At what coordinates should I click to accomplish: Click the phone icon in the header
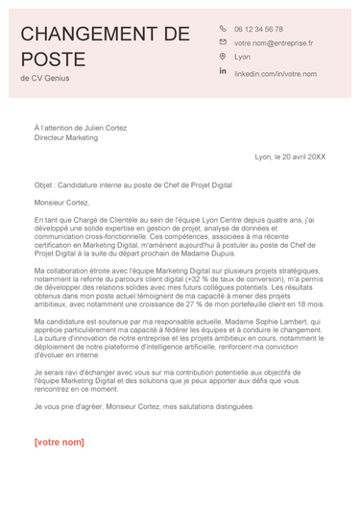223,29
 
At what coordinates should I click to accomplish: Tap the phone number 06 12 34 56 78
258,30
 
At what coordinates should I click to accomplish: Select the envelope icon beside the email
223,43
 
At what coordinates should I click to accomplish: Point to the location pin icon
223,58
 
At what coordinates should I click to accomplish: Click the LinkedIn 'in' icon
223,72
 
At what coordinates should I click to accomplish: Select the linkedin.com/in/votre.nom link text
276,73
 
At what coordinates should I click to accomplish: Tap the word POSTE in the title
53,60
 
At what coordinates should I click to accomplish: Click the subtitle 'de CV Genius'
44,79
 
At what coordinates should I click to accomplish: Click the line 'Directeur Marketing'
66,137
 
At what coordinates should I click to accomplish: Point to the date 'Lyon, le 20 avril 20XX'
290,157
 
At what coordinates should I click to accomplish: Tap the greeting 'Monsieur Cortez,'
61,203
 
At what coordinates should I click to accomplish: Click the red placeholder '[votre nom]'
59,443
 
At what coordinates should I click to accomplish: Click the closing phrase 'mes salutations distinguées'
208,406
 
